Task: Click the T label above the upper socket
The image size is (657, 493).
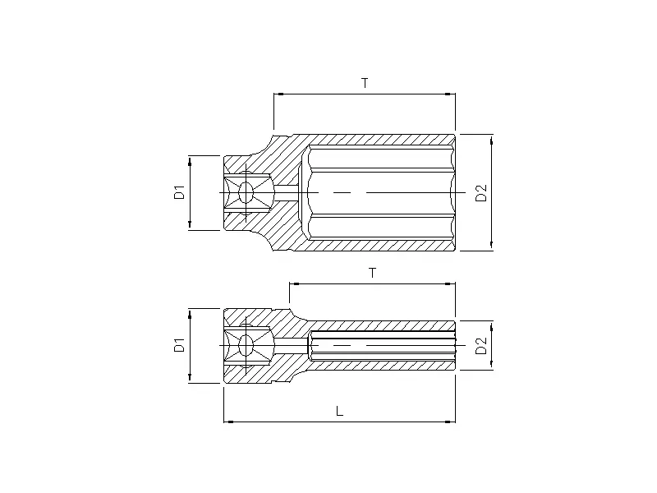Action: [365, 83]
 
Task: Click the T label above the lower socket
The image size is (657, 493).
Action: [372, 273]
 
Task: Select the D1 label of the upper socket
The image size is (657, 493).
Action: [178, 193]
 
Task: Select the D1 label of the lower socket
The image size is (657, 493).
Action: [178, 346]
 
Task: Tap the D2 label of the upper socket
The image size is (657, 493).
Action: [482, 193]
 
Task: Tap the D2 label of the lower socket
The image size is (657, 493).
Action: [482, 346]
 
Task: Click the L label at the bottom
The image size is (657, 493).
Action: [339, 412]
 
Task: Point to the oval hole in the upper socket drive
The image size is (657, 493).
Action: [246, 193]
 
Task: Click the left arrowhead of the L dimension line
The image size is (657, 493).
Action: [227, 422]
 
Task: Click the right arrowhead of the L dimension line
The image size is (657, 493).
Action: [451, 422]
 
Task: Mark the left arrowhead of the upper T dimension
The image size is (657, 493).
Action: [278, 94]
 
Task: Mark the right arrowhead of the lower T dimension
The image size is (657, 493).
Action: [451, 284]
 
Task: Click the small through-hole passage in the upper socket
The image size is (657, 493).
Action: [286, 193]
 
